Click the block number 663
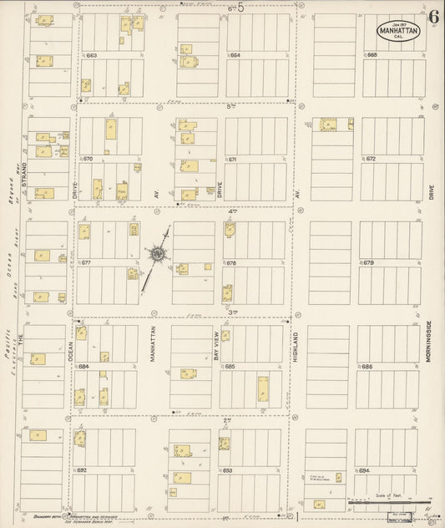[x=91, y=56]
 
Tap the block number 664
[x=235, y=56]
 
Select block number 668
[x=372, y=56]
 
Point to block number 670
[x=87, y=159]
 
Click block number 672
[x=371, y=159]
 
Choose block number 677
[x=85, y=263]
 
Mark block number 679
[x=368, y=263]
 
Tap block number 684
[x=83, y=367]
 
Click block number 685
[x=230, y=367]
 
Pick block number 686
[x=367, y=367]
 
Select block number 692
[x=82, y=470]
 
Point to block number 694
[x=364, y=470]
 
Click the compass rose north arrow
[x=157, y=252]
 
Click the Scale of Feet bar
[x=383, y=504]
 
